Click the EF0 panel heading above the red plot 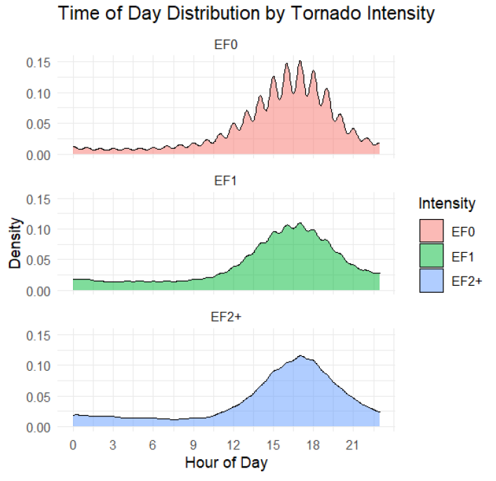[226, 46]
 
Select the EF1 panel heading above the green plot [226, 181]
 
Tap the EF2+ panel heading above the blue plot [226, 317]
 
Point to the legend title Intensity [447, 204]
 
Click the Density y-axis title [15, 243]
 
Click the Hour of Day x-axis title [226, 463]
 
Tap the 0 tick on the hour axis [73, 445]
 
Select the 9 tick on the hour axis [192, 445]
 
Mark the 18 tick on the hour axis [312, 445]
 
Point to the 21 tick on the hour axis [352, 445]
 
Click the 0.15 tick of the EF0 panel [39, 62]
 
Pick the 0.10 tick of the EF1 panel [39, 229]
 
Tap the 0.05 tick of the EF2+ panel [39, 396]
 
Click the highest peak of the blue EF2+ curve [300, 356]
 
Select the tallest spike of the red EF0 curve [300, 61]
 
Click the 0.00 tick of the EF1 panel [39, 291]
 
